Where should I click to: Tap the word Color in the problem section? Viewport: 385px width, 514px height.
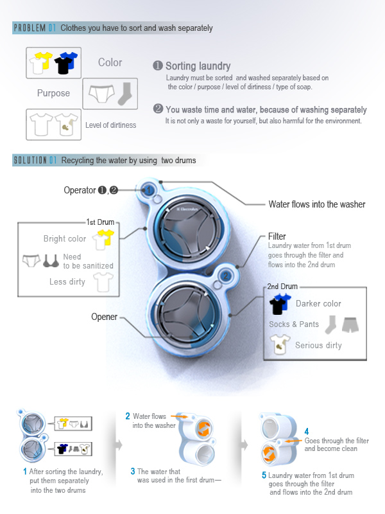click(x=110, y=62)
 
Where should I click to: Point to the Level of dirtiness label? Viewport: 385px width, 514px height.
click(x=110, y=125)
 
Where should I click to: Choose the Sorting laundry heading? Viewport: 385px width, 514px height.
click(x=198, y=66)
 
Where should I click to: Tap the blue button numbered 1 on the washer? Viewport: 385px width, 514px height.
click(x=148, y=190)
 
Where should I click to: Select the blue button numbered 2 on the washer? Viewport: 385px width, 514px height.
click(x=225, y=276)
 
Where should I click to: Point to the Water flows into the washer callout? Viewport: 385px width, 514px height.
click(x=316, y=204)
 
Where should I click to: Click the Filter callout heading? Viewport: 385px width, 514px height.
click(x=277, y=236)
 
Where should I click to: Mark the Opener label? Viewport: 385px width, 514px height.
click(x=105, y=316)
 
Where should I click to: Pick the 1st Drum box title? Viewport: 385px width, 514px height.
click(x=100, y=222)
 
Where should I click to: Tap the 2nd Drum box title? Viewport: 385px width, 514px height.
click(x=282, y=286)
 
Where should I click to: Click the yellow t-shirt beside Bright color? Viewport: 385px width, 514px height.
click(x=102, y=240)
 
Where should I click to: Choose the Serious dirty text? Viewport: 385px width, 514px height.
click(x=318, y=346)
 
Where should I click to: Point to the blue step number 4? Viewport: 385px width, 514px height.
click(x=307, y=430)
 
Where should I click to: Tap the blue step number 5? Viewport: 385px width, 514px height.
click(x=264, y=475)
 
